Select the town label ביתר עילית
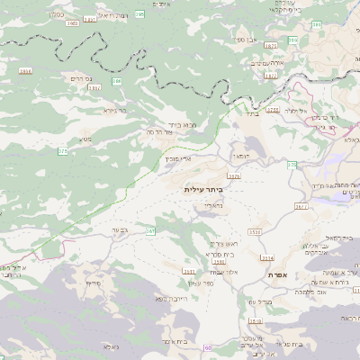click(202, 190)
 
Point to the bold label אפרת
click(276, 274)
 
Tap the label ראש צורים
click(224, 243)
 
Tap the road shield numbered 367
click(150, 231)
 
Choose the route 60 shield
click(208, 348)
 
